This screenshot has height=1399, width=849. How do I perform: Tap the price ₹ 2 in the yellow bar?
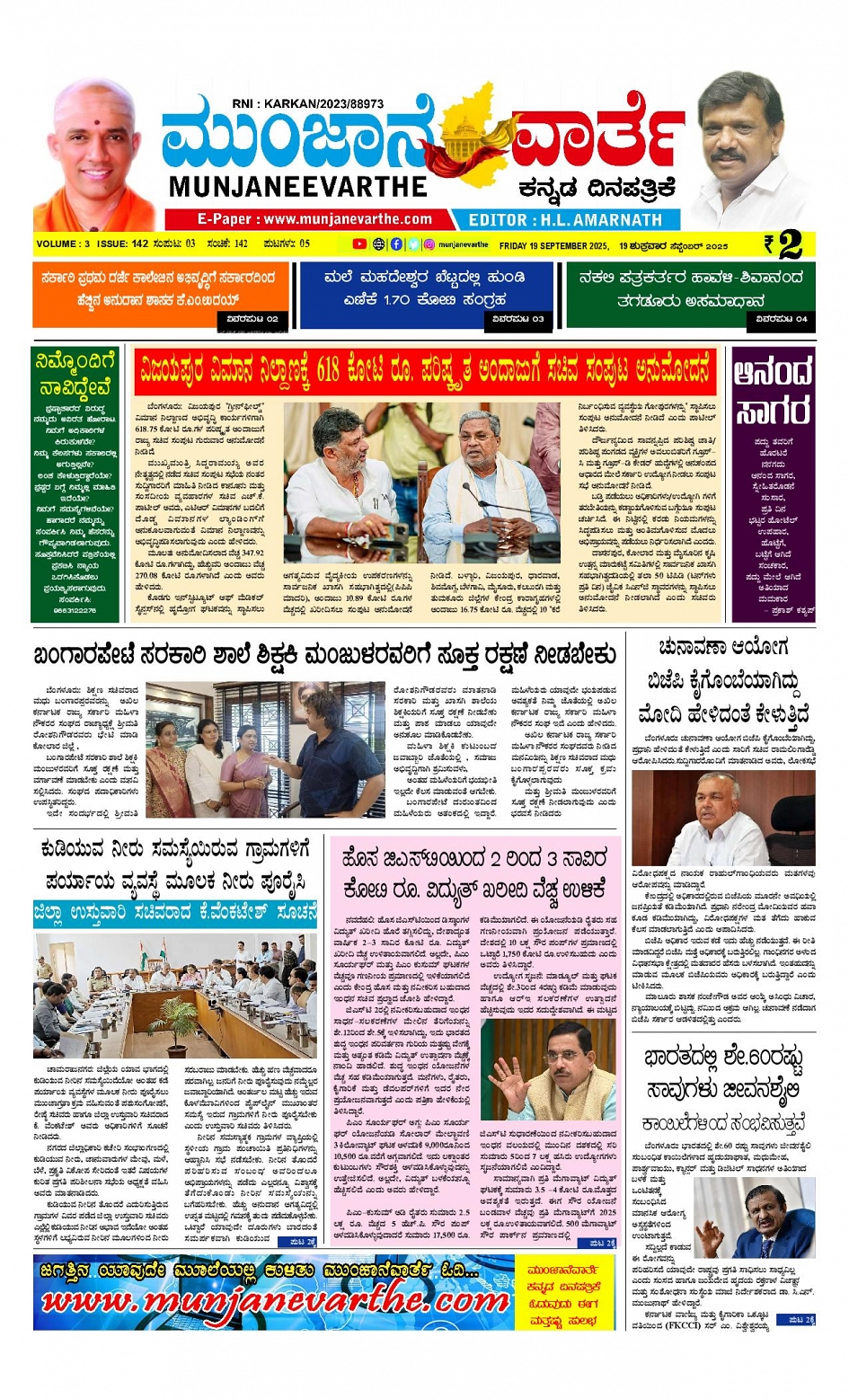pyautogui.click(x=784, y=243)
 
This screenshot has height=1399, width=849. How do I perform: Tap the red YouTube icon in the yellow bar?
pyautogui.click(x=358, y=244)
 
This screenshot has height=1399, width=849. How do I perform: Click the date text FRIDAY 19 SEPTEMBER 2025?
pyautogui.click(x=554, y=245)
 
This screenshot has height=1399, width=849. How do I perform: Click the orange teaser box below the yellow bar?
pyautogui.click(x=162, y=295)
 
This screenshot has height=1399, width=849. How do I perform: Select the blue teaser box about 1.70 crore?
pyautogui.click(x=425, y=295)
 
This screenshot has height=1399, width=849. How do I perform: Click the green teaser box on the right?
pyautogui.click(x=690, y=295)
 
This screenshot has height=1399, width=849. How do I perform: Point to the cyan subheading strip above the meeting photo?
pyautogui.click(x=175, y=913)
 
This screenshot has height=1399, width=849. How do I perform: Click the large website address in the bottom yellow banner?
pyautogui.click(x=275, y=1300)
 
